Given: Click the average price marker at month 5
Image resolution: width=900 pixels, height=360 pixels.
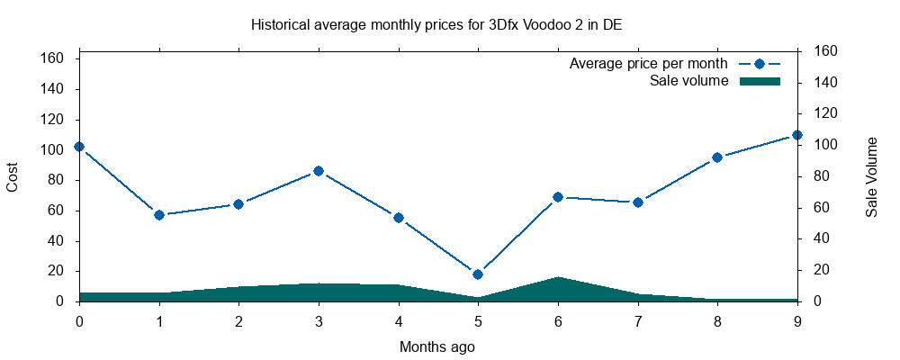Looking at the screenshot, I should [478, 274].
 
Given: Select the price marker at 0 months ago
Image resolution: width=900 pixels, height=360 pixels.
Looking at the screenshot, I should [79, 147].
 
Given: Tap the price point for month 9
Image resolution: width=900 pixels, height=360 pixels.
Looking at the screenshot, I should [797, 135].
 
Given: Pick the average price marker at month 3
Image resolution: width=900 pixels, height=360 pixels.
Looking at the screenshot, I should [319, 171].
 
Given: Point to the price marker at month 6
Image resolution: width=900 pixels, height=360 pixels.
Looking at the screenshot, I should [558, 197].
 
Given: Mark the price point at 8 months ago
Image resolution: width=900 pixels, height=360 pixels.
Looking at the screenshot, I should [717, 157].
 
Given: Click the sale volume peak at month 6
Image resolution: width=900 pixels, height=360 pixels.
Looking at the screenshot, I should [558, 278].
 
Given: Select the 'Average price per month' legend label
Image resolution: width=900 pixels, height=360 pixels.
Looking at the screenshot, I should [649, 65].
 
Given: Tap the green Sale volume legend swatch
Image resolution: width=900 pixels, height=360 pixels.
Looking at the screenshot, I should [759, 81].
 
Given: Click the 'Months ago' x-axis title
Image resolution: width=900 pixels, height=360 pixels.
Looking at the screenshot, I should [437, 346].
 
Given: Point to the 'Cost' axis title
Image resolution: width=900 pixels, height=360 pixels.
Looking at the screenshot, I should [13, 177].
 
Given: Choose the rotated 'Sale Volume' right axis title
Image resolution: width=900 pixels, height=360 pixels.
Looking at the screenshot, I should [871, 177].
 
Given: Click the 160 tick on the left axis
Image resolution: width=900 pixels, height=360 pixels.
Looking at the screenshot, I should [51, 58].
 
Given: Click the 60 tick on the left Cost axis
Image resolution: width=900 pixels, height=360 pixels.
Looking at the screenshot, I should [55, 211].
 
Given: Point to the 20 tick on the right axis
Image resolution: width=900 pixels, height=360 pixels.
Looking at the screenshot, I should [822, 270].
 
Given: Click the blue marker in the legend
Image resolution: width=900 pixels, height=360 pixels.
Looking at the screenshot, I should [759, 65].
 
